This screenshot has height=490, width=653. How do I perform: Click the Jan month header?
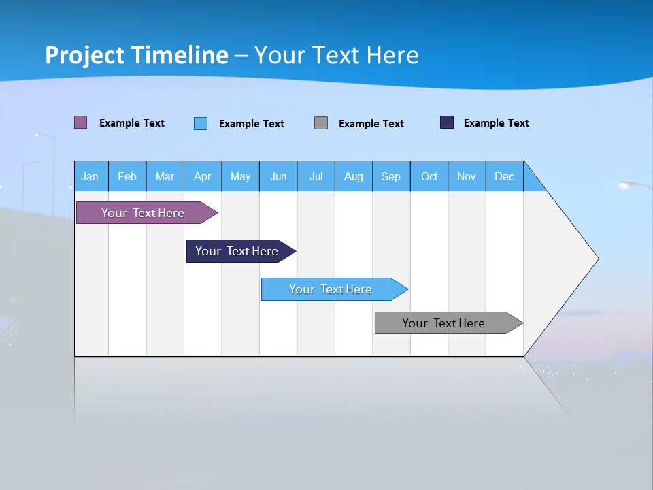tap(90, 176)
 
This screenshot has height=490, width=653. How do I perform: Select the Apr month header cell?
tap(203, 176)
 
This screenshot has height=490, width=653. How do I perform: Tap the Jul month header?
tap(316, 176)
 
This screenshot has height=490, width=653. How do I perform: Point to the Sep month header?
tap(391, 176)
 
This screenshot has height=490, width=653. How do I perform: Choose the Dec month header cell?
tap(505, 176)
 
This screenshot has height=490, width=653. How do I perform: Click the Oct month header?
tap(429, 176)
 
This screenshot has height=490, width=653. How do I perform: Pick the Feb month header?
tap(127, 176)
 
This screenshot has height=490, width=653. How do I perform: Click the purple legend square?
tap(81, 122)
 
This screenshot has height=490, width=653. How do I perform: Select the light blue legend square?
tap(201, 123)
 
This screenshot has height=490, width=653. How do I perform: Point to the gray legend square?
tap(321, 122)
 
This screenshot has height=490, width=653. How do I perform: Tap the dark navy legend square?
tap(447, 122)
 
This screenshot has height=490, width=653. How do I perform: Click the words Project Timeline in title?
tap(137, 55)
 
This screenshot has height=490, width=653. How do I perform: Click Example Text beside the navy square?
tap(497, 123)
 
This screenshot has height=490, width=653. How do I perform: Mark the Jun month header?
tap(278, 176)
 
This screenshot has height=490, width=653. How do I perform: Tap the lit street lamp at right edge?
tap(626, 184)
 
